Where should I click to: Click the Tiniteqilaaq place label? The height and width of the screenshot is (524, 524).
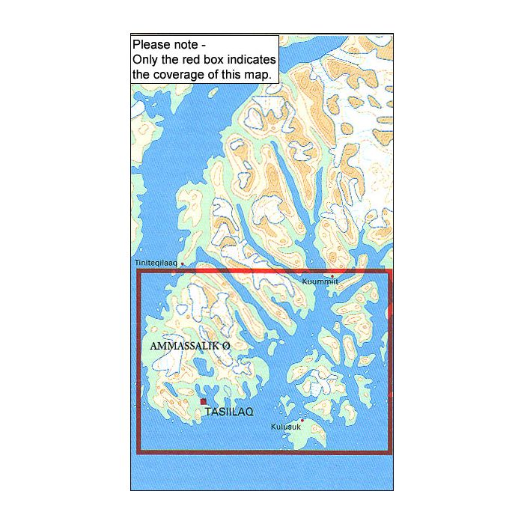[x=156, y=263]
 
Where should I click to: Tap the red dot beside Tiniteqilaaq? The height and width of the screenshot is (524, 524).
[x=182, y=263]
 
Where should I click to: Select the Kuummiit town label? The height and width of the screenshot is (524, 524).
[x=320, y=281]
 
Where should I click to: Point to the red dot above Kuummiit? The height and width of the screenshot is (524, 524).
[x=332, y=276]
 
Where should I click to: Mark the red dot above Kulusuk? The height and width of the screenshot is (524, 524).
[x=302, y=419]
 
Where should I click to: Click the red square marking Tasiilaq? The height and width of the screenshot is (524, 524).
[x=203, y=402]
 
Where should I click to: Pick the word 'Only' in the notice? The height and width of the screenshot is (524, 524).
[x=144, y=60]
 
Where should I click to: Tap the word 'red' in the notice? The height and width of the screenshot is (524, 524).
[x=188, y=60]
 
